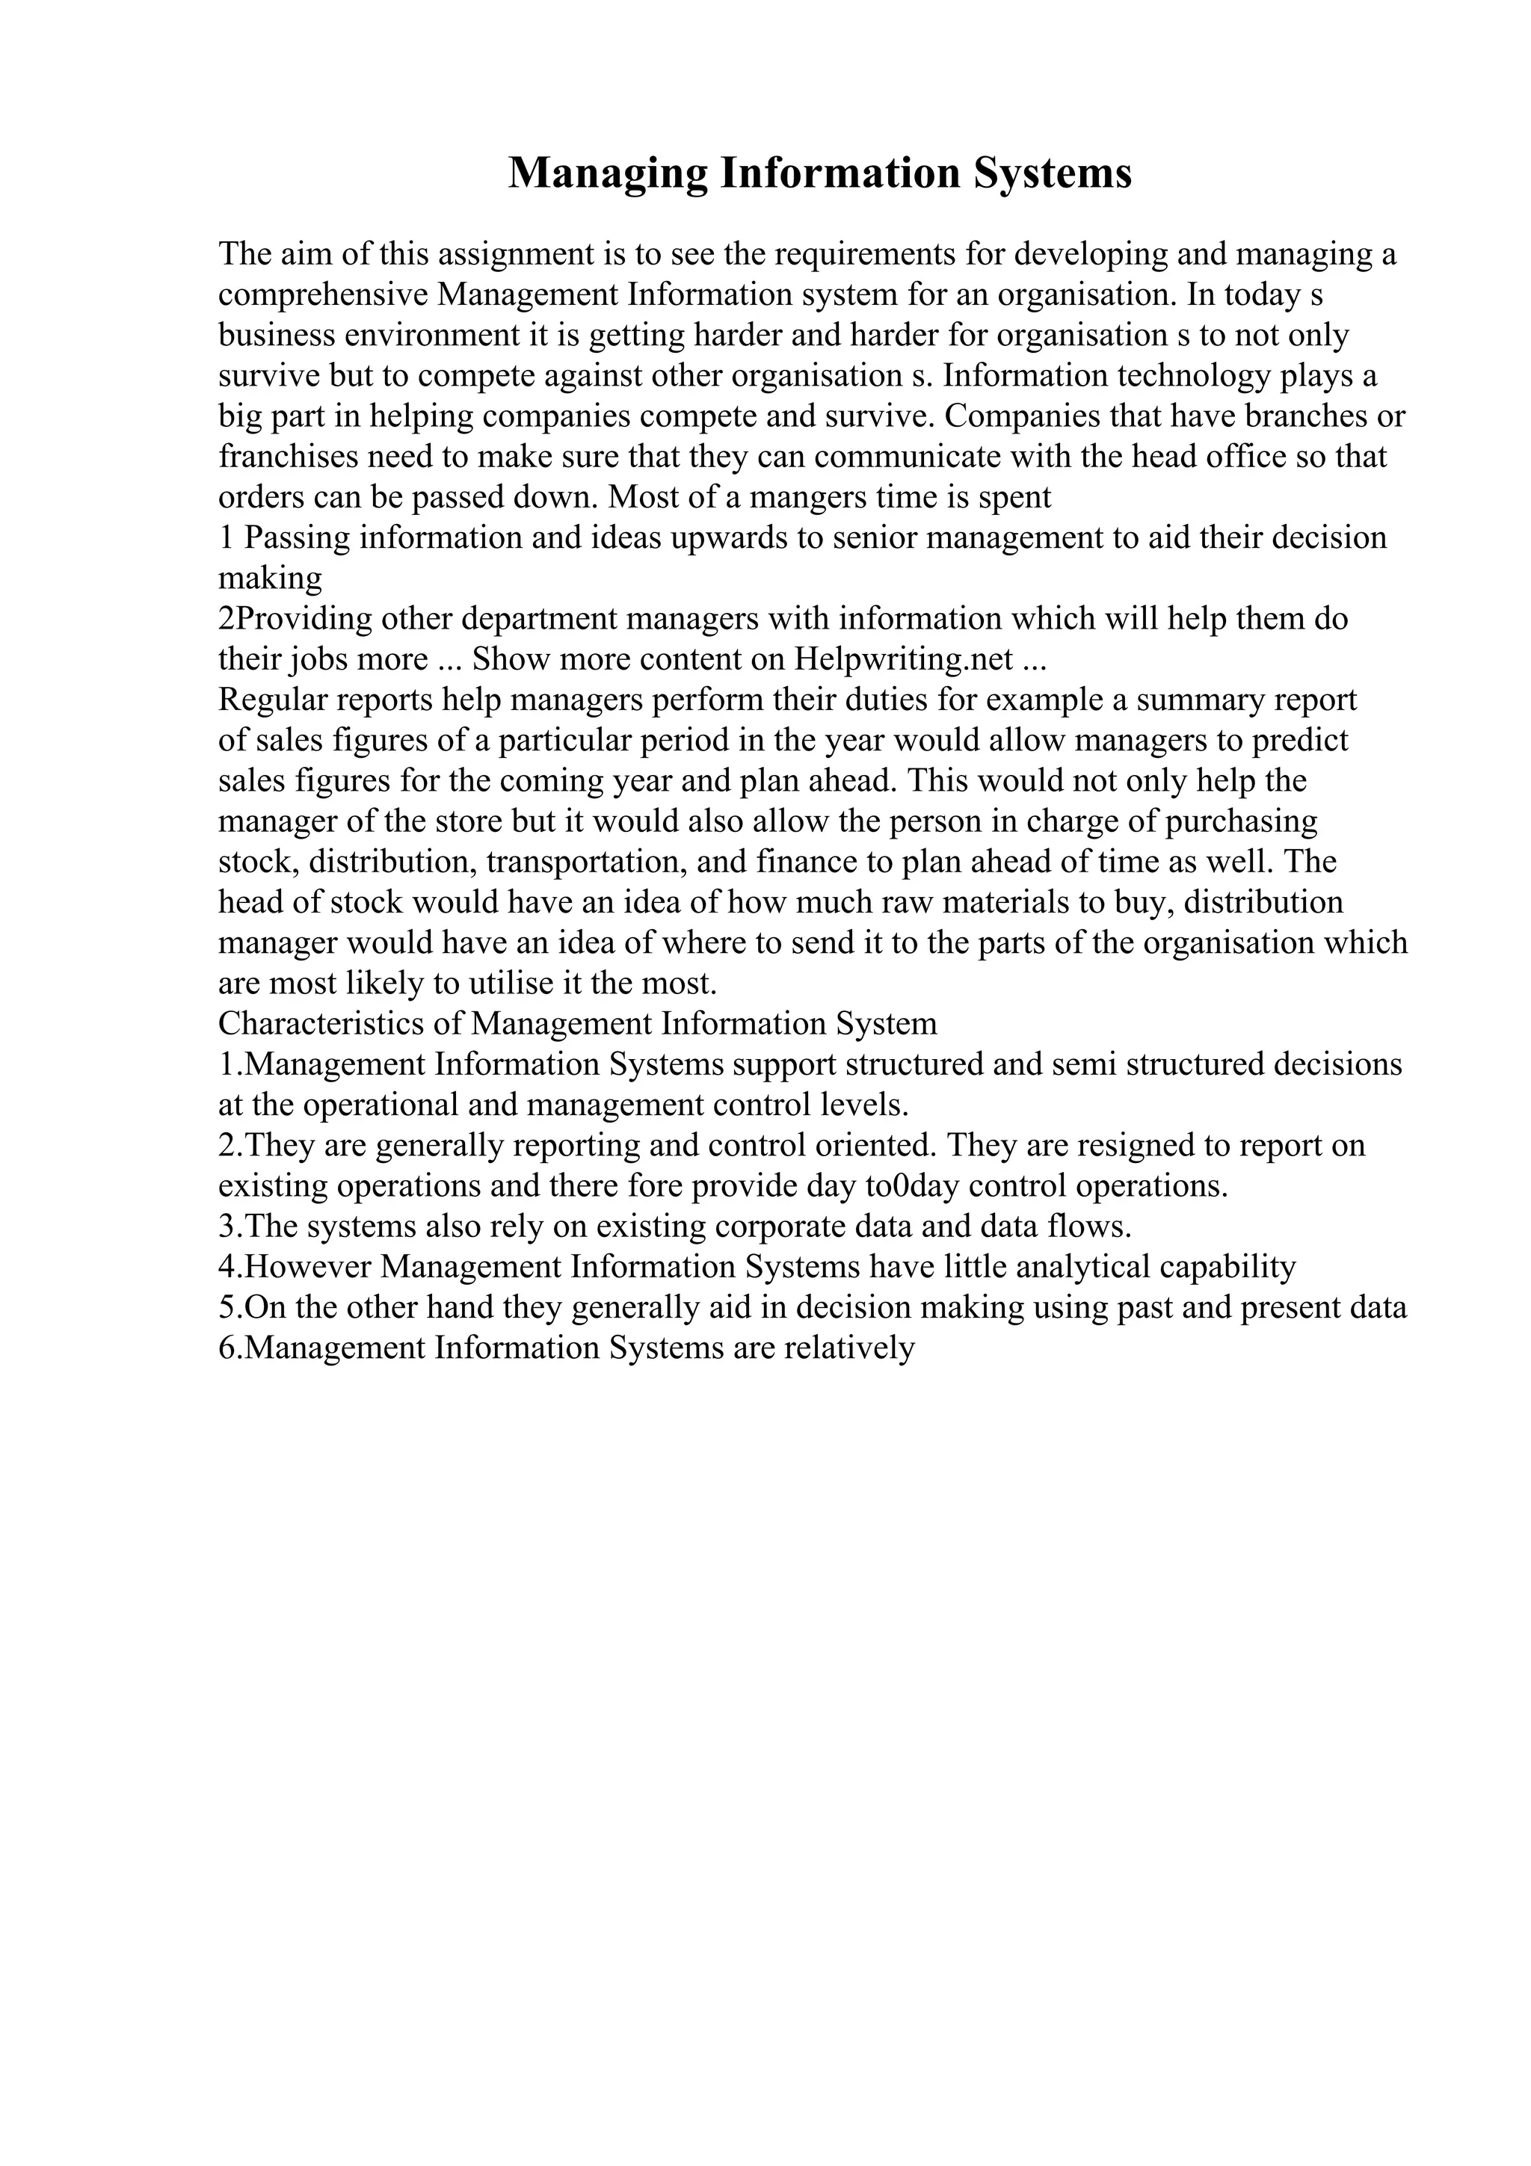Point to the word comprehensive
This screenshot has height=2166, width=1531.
pos(324,295)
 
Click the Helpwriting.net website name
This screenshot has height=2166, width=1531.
pos(904,659)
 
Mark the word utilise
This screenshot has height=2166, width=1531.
pos(509,984)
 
